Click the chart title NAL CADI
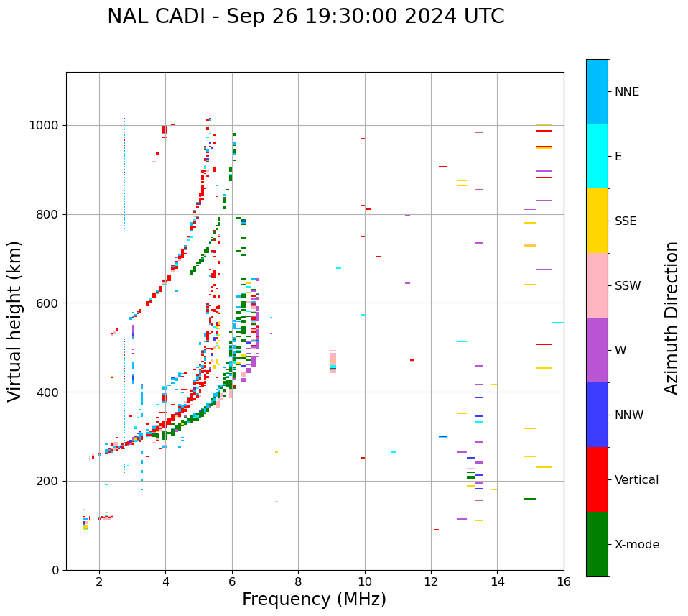305,17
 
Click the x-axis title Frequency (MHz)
314,599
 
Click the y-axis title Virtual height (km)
15,321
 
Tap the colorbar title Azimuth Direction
671,318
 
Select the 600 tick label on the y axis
48,303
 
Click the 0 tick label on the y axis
56,570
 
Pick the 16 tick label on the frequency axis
564,581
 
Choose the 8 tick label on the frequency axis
298,581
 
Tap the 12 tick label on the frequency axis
431,581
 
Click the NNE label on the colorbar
627,92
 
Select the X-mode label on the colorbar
637,545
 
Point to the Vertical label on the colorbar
636,480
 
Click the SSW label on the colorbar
628,286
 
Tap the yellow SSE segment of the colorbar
597,221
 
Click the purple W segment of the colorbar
597,350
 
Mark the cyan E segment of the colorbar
597,156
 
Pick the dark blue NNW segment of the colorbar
597,415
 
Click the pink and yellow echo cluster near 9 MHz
333,362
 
